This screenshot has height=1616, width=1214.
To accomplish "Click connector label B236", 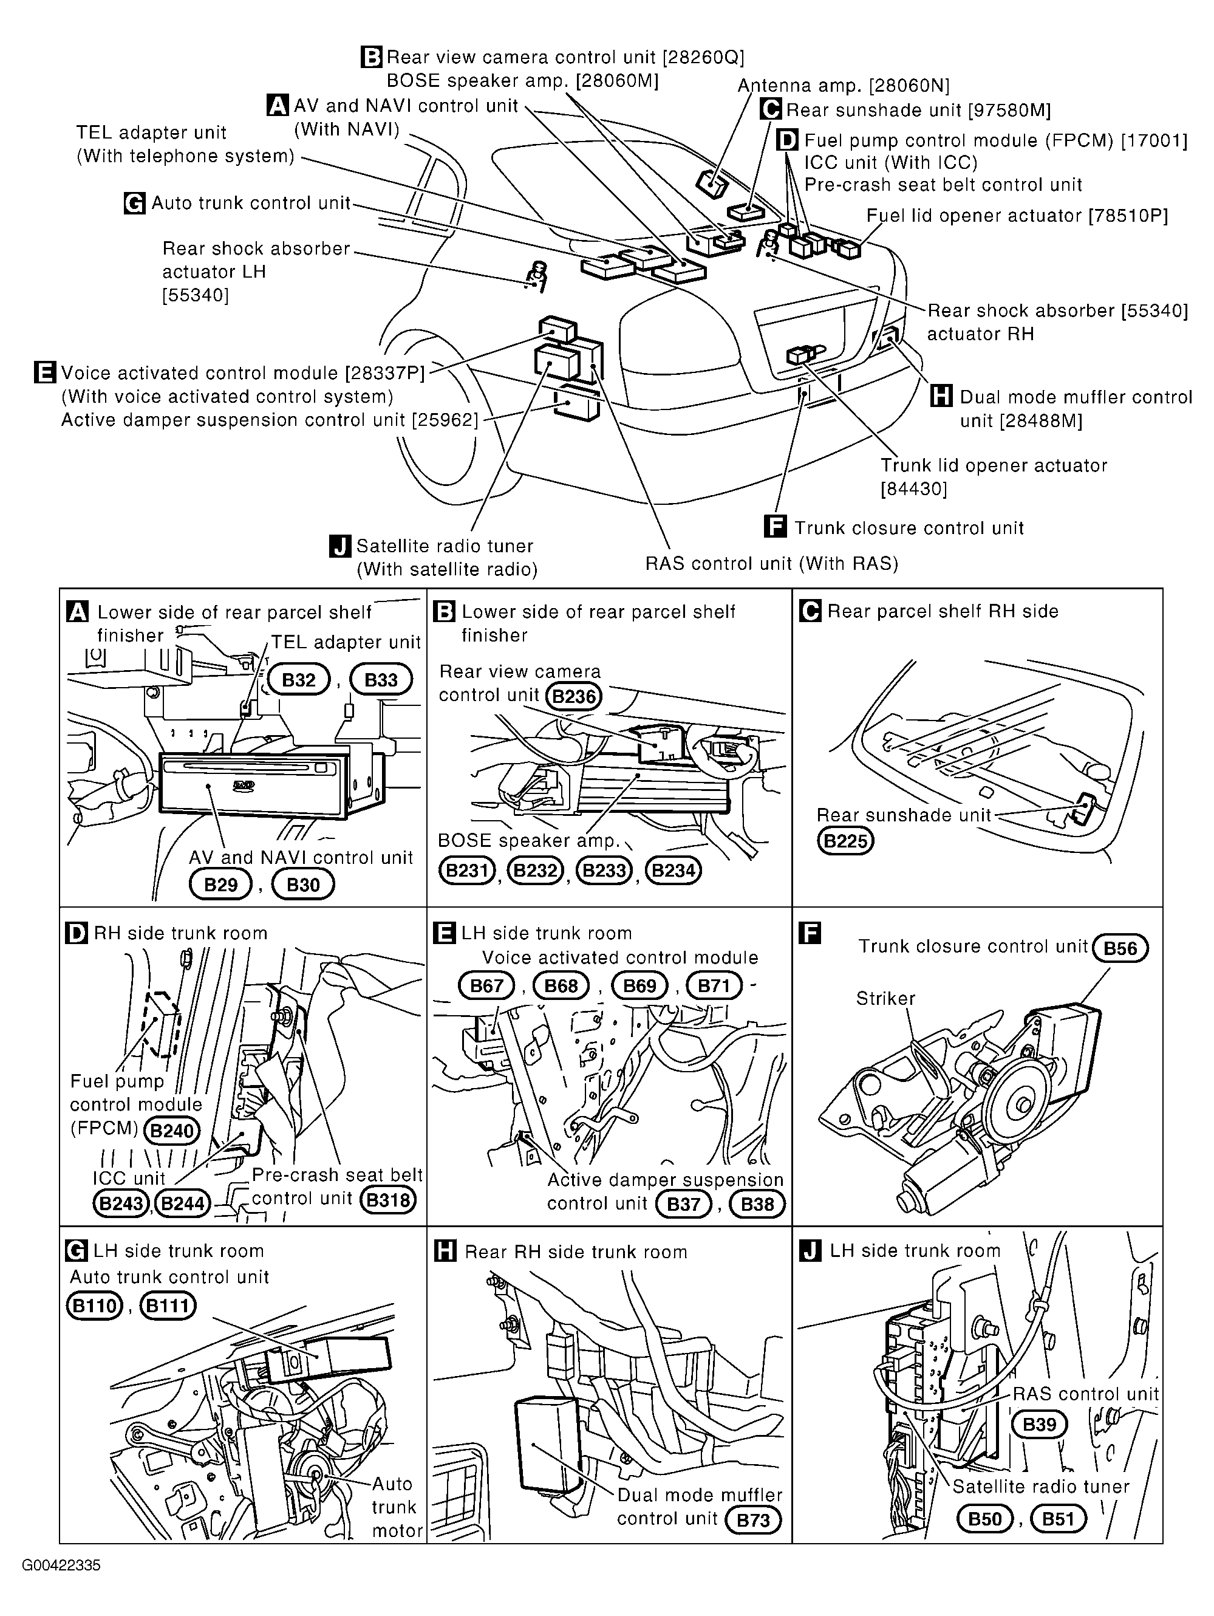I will (x=574, y=696).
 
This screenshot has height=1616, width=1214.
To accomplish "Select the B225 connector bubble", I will (x=845, y=841).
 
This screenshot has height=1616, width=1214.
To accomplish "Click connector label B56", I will (x=1120, y=948).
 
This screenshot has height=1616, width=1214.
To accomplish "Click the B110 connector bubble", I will (x=94, y=1306).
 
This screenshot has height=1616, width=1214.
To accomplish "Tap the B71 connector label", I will (x=714, y=985).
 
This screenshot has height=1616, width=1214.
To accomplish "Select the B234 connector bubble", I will (x=673, y=871).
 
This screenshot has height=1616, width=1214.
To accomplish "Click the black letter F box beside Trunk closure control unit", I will (x=774, y=527).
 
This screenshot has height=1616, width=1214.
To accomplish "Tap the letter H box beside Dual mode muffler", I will (x=941, y=397).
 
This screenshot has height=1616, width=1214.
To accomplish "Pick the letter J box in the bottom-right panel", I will (x=810, y=1251).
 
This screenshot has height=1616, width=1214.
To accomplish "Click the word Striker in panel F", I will (x=885, y=998).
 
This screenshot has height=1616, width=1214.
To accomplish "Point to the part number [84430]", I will (x=914, y=488).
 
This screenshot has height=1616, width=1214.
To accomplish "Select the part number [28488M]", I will (x=1041, y=421).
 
